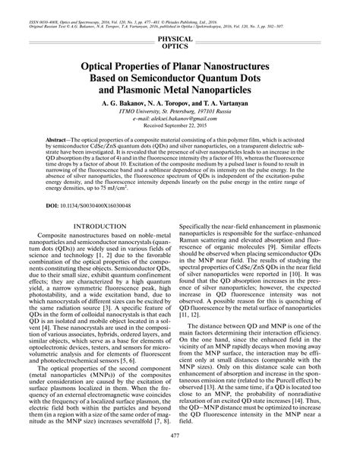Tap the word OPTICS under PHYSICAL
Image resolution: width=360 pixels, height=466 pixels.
(180, 46)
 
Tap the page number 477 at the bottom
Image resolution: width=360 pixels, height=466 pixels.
(180, 455)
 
